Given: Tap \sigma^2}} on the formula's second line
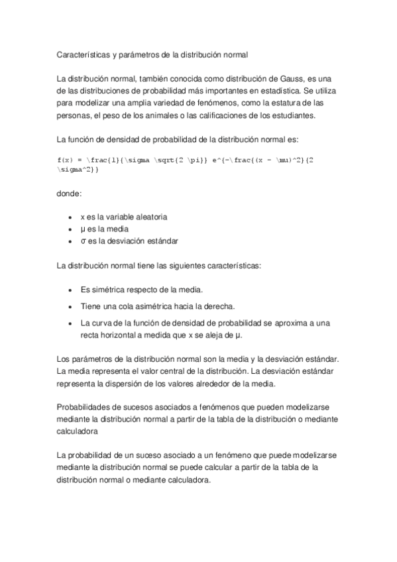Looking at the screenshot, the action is point(80,170).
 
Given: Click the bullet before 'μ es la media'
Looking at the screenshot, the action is point(71,229).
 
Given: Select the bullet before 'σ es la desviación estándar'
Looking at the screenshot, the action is point(71,241).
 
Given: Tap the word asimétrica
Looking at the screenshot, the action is point(158,306).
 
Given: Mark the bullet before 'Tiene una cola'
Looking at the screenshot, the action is point(71,306).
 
